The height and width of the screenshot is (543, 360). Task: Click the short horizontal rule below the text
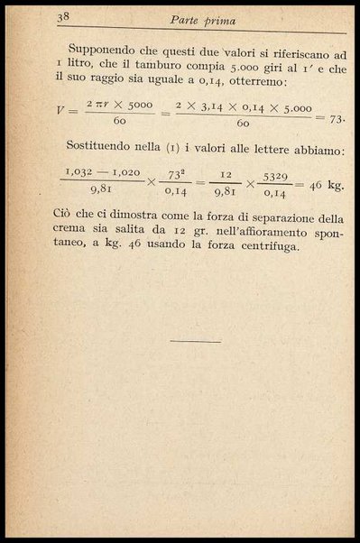tap(194, 341)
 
